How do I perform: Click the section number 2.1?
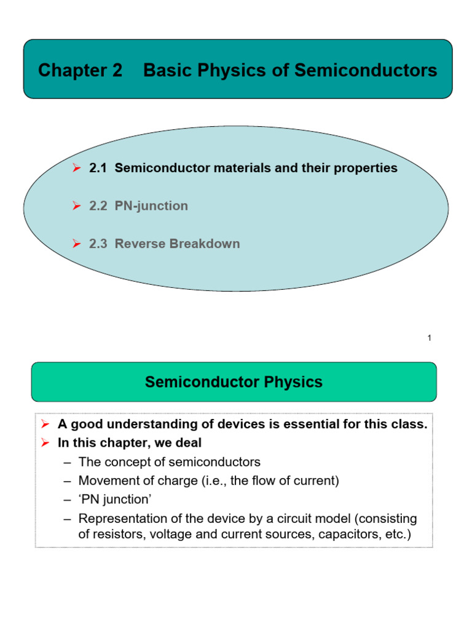coord(98,168)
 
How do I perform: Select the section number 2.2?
coord(98,206)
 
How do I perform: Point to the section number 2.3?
coord(98,244)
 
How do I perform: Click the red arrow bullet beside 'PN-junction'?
coord(77,206)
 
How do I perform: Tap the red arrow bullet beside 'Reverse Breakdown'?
coord(77,244)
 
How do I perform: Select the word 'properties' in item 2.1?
coord(366,168)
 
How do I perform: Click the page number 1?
coord(429,338)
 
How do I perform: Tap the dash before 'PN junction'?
coord(68,500)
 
